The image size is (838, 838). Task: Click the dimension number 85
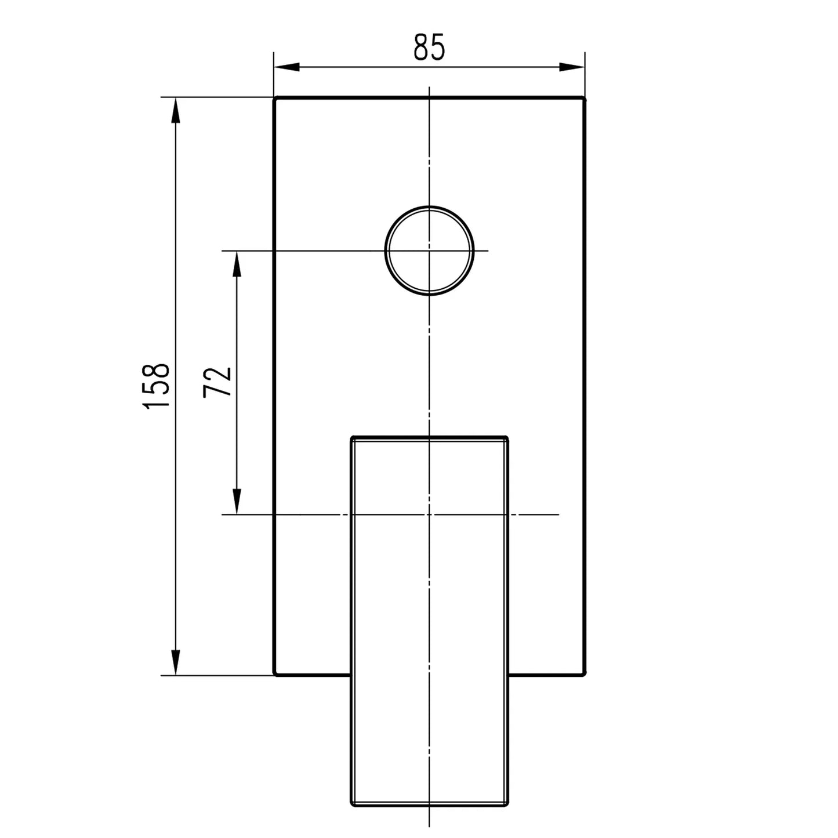[x=429, y=47]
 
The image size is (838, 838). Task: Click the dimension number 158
[x=157, y=386]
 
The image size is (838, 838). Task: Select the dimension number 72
[x=218, y=382]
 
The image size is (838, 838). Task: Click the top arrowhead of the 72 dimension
[x=236, y=264]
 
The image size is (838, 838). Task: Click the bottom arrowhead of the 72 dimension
[x=236, y=501]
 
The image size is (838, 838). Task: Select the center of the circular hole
[x=429, y=251]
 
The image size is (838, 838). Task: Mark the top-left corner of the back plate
[x=275, y=98]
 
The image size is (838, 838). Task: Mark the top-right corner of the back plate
[x=585, y=98]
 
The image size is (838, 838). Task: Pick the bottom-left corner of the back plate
[x=275, y=674]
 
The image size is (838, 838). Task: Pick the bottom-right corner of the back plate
[x=585, y=674]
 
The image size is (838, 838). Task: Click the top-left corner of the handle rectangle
[x=352, y=437]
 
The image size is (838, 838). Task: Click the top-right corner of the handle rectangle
[x=507, y=437]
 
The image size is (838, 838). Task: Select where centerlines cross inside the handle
[x=429, y=514]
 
